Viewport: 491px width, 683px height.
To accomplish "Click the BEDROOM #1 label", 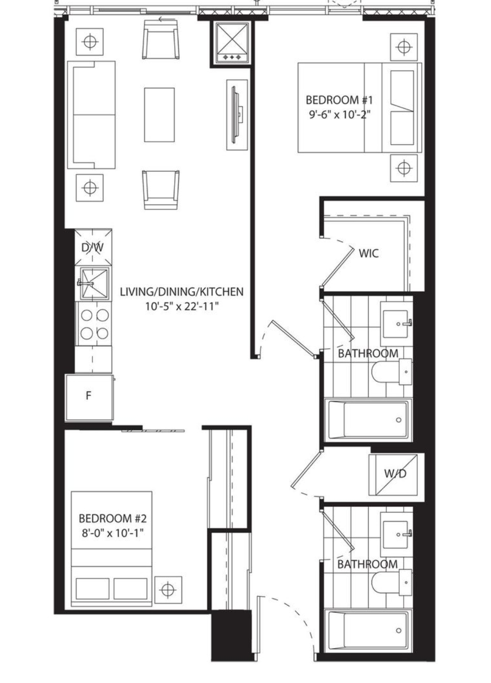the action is [x=339, y=100].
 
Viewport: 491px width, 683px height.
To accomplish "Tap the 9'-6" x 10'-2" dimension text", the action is [x=339, y=115].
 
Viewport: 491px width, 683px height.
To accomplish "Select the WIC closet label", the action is [x=369, y=253].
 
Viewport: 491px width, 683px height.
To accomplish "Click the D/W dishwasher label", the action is [x=93, y=247].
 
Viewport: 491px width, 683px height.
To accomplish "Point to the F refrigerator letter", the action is [x=89, y=396].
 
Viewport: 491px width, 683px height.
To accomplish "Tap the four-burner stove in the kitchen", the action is [x=94, y=324].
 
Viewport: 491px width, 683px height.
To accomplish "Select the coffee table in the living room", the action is [x=160, y=115].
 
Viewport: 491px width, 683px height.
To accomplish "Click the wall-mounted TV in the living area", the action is [x=237, y=115].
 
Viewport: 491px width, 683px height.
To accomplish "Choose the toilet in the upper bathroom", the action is [x=392, y=372].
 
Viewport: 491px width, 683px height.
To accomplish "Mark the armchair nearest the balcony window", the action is [x=160, y=39].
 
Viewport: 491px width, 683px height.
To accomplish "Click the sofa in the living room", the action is [x=91, y=115].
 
